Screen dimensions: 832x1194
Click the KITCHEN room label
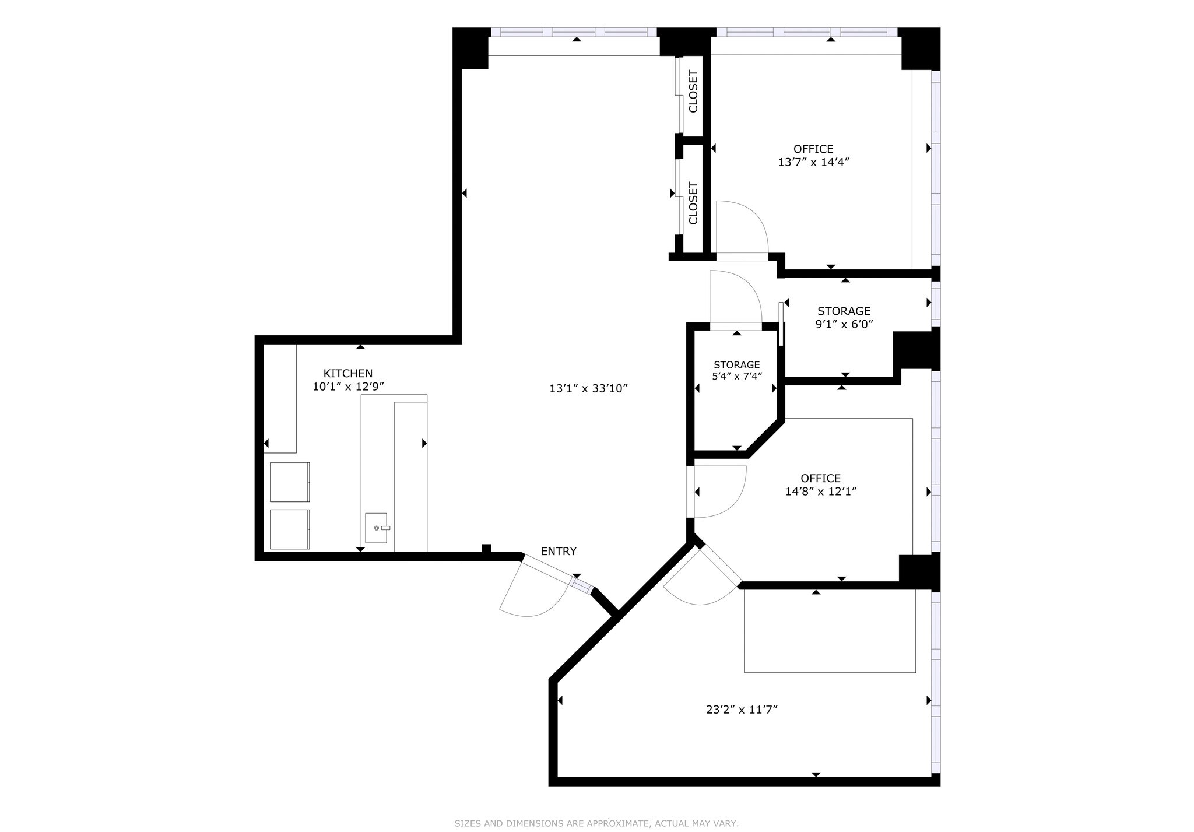coord(348,373)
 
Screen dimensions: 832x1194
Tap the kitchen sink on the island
coord(376,528)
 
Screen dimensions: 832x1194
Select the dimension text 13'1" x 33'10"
coord(588,388)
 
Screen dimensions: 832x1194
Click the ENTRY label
coord(558,551)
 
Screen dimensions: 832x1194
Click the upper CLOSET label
coord(693,92)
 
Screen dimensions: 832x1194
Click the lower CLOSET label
coord(693,203)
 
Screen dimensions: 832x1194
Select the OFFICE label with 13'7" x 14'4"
coord(813,149)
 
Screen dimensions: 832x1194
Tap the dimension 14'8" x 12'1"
coord(820,492)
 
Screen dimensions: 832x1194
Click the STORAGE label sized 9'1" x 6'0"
coord(844,311)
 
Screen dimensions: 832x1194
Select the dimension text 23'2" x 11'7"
coord(742,710)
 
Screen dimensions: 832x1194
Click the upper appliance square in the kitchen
coord(290,482)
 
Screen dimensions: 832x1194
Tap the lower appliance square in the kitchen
coord(290,529)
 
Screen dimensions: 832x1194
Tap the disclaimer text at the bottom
coord(596,823)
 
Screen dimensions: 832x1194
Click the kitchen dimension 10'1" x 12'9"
coord(348,386)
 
